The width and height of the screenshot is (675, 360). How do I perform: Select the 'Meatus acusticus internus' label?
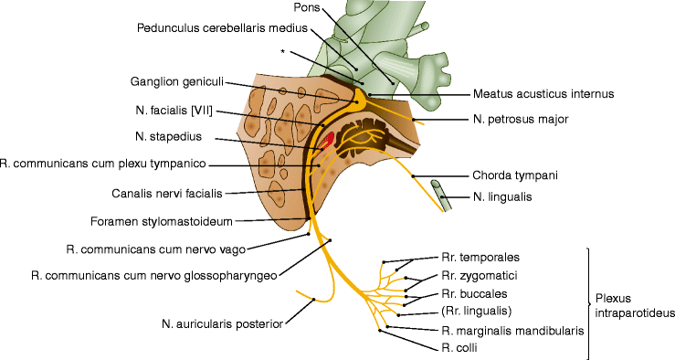coord(543,93)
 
